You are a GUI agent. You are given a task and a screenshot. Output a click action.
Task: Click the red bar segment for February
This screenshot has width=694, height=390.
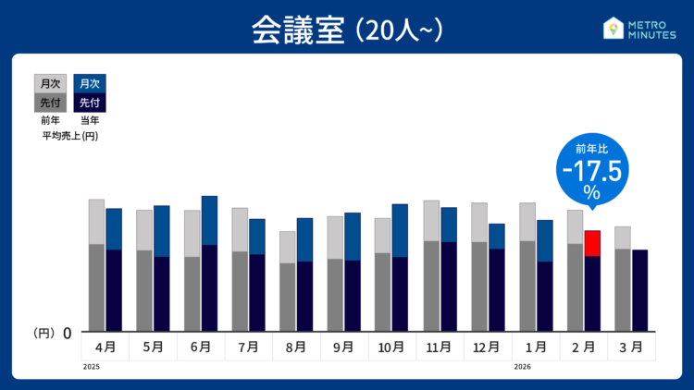pyautogui.click(x=593, y=243)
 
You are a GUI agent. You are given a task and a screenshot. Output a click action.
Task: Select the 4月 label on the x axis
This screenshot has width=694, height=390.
pyautogui.click(x=105, y=347)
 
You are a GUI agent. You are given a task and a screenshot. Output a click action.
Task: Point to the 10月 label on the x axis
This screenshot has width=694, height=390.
pyautogui.click(x=391, y=347)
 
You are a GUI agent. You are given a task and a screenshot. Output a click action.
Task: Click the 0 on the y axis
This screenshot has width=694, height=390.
pyautogui.click(x=67, y=333)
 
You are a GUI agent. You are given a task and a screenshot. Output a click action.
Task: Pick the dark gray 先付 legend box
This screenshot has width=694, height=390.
pyautogui.click(x=50, y=103)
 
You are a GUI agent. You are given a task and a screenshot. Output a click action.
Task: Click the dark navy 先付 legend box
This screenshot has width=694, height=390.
pyautogui.click(x=90, y=103)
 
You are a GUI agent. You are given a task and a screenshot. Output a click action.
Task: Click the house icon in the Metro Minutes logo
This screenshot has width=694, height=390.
pyautogui.click(x=612, y=29)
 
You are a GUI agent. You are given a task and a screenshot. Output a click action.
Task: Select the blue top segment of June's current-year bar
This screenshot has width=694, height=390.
pyautogui.click(x=209, y=220)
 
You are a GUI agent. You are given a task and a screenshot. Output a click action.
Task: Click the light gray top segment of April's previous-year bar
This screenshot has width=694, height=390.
pyautogui.click(x=96, y=221)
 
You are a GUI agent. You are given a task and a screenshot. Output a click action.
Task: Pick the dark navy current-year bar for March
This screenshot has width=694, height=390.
pyautogui.click(x=639, y=290)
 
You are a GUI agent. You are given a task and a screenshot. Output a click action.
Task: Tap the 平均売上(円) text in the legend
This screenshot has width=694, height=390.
pyautogui.click(x=70, y=136)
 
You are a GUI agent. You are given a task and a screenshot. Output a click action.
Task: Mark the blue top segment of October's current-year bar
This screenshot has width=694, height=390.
pyautogui.click(x=400, y=230)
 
